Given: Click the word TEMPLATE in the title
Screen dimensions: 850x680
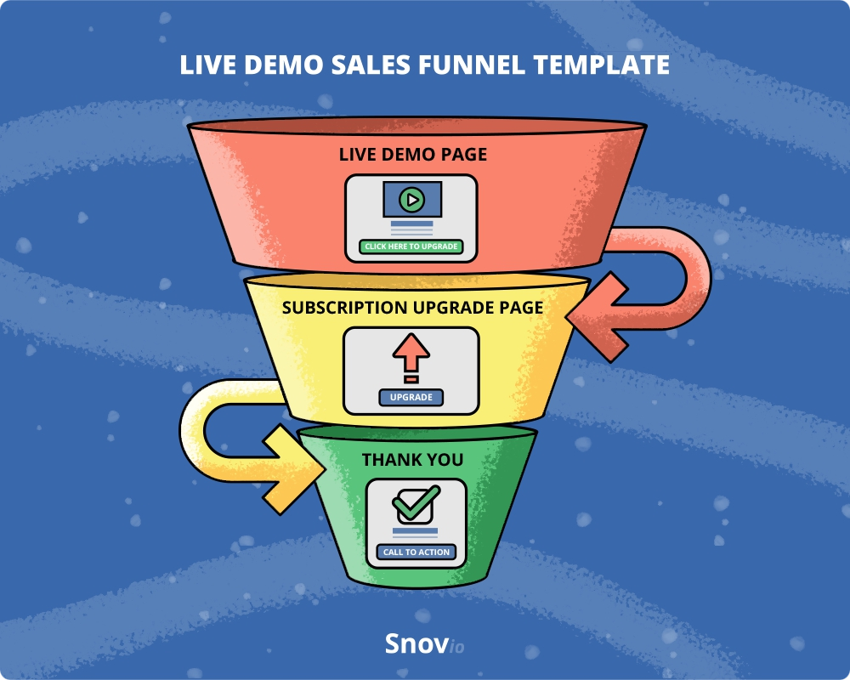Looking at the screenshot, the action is tap(601, 65).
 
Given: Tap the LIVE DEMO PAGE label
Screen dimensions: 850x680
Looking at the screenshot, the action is tap(412, 155).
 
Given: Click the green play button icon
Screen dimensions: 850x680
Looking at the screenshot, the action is tap(412, 200).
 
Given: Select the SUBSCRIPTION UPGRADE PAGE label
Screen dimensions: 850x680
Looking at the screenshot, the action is tap(412, 308).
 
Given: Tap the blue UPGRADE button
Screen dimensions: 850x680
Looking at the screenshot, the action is tap(411, 398).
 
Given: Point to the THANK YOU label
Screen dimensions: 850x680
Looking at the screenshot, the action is tap(412, 460).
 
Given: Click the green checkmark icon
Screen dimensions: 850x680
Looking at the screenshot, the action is tap(416, 503).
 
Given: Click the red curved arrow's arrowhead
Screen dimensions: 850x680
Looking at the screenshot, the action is tap(597, 317).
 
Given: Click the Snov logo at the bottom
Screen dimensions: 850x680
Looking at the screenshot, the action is tap(424, 643).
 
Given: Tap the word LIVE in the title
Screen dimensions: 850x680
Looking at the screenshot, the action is tap(207, 65).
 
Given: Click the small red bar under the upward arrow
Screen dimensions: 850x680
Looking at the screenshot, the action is tap(411, 379).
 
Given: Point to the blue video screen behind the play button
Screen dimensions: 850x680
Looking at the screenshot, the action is tap(412, 200).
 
